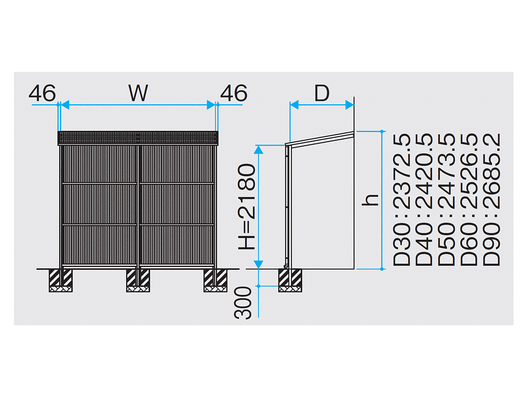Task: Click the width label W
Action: pos(138,93)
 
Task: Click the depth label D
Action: pos(322,93)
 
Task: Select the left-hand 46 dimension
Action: pos(42,93)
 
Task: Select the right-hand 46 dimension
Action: pos(234,93)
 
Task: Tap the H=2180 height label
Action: pos(247,207)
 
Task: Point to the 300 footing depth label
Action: pos(242,303)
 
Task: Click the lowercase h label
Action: pos(370,200)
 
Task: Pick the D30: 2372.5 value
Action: pos(401,200)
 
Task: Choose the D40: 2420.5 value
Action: pos(423,200)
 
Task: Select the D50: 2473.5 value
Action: pos(446,200)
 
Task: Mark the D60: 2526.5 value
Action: pos(469,200)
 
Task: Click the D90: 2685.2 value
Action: pos(491,200)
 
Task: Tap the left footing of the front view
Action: pos(60,280)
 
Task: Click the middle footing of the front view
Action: pos(138,280)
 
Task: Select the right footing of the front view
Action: pos(216,280)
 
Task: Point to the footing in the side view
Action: pos(290,280)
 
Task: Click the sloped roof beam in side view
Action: pos(319,138)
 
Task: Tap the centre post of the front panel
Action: pos(138,207)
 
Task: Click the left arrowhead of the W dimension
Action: pos(65,105)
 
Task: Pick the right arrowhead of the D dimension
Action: pos(350,105)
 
